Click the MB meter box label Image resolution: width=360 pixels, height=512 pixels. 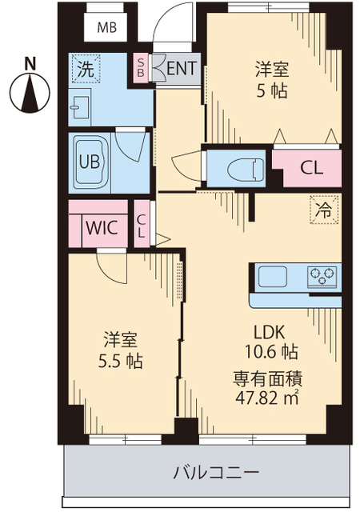107,28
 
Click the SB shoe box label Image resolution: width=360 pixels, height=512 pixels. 141,67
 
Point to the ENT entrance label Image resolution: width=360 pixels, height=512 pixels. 182,69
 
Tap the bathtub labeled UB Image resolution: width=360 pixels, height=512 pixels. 89,162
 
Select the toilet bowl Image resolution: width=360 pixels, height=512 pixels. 246,169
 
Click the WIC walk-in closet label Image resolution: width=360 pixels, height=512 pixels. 102,227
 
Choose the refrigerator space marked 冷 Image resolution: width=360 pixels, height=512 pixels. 324,210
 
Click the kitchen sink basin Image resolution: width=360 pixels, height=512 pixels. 273,276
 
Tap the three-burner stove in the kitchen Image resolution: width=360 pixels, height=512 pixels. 322,278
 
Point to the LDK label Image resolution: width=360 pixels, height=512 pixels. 270,332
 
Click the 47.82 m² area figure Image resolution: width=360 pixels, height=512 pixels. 267,398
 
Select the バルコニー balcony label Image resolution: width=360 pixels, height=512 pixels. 216,473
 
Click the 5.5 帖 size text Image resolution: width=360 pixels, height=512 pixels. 121,362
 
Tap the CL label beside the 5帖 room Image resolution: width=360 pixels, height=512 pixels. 312,168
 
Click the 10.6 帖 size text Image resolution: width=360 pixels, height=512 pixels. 271,352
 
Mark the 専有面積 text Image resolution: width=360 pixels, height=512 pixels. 267,378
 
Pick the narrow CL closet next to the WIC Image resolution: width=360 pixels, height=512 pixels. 142,224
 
